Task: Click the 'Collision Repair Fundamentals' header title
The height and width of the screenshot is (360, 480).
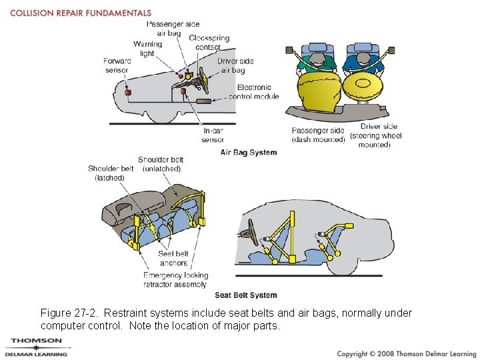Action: [x=81, y=13]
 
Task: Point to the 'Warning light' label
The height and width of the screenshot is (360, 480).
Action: [x=147, y=49]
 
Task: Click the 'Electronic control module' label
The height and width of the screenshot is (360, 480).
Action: [x=254, y=91]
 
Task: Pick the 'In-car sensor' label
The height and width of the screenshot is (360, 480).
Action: [x=213, y=135]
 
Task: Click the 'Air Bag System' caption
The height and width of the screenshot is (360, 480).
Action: [x=249, y=152]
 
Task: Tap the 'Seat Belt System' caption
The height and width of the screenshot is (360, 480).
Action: [x=246, y=295]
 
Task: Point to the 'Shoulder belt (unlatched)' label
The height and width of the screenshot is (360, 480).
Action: [x=161, y=164]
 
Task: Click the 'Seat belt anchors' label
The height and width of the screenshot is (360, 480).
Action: [x=173, y=258]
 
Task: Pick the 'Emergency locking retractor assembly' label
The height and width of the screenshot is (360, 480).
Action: [x=176, y=279]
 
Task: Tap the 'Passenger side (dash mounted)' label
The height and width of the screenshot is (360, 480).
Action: [x=318, y=135]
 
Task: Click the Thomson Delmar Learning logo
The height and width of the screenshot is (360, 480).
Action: [x=37, y=347]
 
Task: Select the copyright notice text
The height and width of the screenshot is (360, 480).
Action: [x=406, y=353]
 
